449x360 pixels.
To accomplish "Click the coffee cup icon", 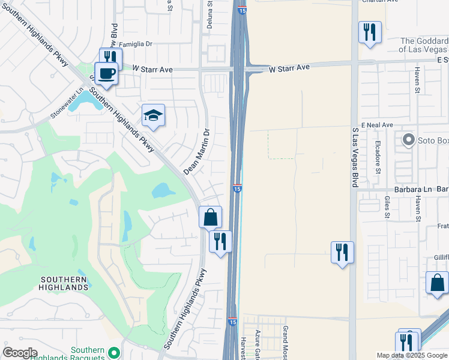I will [x=106, y=74].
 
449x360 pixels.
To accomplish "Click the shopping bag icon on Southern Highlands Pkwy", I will [x=211, y=217].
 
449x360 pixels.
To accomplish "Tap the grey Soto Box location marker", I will [x=409, y=140].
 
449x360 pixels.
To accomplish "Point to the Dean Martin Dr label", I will [x=197, y=152].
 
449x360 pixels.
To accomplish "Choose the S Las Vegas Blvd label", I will [x=355, y=156].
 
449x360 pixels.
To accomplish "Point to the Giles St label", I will [x=387, y=206].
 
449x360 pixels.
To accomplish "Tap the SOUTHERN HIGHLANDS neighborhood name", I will [x=64, y=284].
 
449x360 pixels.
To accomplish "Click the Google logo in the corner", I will [x=20, y=353].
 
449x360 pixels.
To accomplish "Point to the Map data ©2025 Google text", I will [x=412, y=355].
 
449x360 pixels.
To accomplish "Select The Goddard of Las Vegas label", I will [x=424, y=45].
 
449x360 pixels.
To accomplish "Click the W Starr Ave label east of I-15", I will [x=289, y=68].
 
